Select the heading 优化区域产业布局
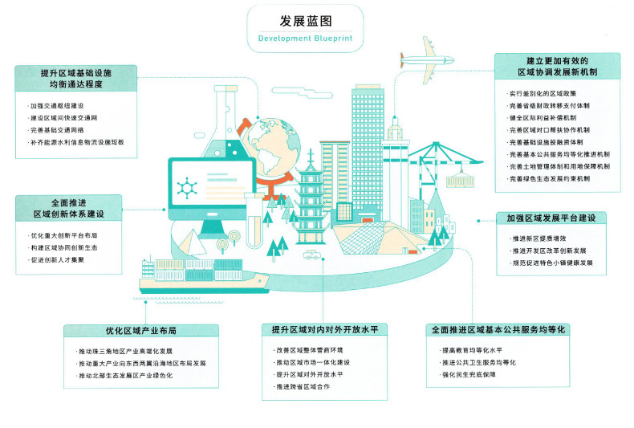[140, 331]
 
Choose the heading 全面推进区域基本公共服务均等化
[498, 330]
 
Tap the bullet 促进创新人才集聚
[59, 259]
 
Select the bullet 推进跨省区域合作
[303, 387]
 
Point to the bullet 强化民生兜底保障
[469, 375]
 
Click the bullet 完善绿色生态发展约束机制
[551, 177]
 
